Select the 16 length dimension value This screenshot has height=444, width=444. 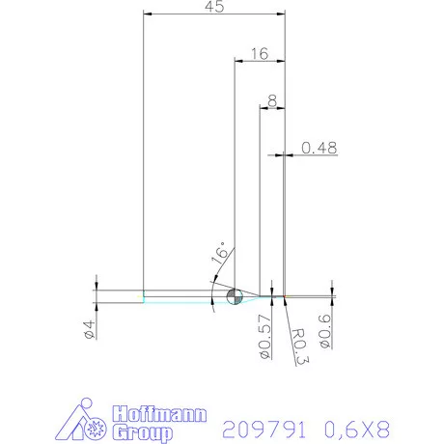258,55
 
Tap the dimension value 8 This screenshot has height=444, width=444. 273,100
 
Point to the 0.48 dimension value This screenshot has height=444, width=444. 319,148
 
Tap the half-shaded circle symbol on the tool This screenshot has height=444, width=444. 235,295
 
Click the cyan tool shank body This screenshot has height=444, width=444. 179,296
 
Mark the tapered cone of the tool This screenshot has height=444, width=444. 257,295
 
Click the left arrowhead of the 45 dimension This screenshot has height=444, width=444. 147,14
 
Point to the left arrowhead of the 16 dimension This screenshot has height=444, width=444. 238,60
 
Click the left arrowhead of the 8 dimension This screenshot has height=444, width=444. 264,105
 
